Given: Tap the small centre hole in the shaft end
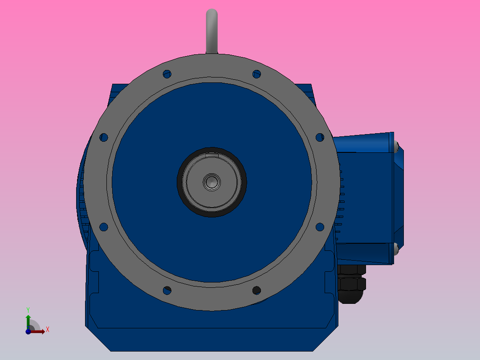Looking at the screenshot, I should pyautogui.click(x=212, y=181).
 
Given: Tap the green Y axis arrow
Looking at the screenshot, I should pyautogui.click(x=28, y=320).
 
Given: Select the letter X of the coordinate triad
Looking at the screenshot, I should pyautogui.click(x=47, y=330).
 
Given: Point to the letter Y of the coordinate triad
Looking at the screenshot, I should pyautogui.click(x=28, y=309).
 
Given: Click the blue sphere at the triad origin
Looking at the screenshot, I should pyautogui.click(x=28, y=331).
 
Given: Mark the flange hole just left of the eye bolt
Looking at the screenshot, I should pyautogui.click(x=167, y=74).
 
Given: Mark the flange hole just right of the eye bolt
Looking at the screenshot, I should pyautogui.click(x=256, y=74).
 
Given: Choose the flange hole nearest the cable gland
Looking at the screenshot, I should pyautogui.click(x=320, y=227).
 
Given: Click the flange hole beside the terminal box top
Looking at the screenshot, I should pyautogui.click(x=320, y=137).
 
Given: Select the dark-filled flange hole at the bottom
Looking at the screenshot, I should pyautogui.click(x=256, y=290).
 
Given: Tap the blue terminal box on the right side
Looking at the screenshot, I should pyautogui.click(x=365, y=196).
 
